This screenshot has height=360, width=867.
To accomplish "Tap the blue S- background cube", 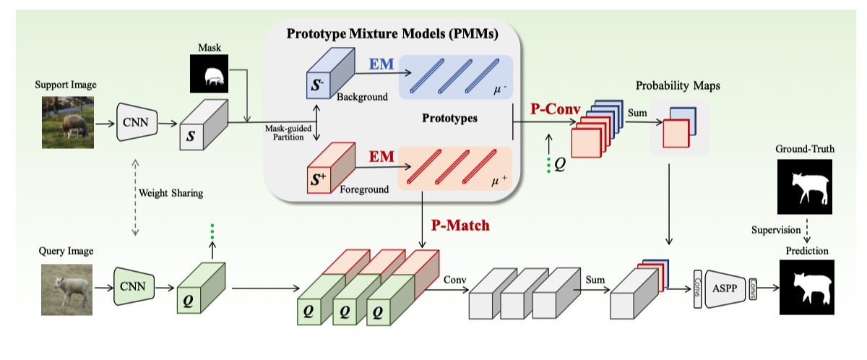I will pyautogui.click(x=327, y=75).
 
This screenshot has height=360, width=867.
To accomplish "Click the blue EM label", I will pyautogui.click(x=382, y=64).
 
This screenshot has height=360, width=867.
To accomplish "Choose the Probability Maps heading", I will pyautogui.click(x=678, y=85).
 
